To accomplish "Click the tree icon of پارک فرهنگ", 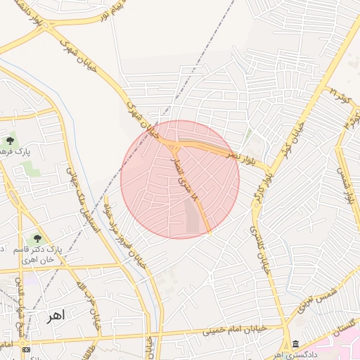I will pyautogui.click(x=10, y=141).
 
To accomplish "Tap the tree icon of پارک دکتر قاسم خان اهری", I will pyautogui.click(x=37, y=239).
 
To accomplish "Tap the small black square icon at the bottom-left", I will pyautogui.click(x=27, y=349).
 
